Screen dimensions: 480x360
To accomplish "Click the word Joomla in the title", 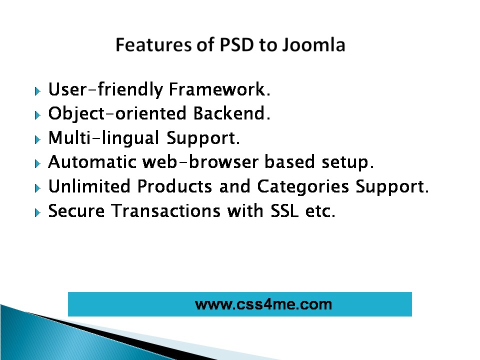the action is click(313, 45).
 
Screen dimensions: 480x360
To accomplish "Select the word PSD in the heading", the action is click(237, 44).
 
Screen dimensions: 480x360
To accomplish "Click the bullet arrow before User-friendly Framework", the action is click(37, 91).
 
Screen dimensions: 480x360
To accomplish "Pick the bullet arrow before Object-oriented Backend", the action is click(37, 115).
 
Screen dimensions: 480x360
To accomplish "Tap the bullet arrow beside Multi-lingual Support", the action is click(37, 139).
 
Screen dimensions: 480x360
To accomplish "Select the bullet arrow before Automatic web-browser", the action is click(37, 163).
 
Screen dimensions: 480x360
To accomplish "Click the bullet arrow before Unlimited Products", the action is click(37, 188).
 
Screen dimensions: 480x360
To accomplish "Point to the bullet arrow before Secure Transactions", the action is click(37, 212).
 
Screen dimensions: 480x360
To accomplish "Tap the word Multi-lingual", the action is click(104, 138).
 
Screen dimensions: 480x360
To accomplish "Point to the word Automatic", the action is click(92, 162).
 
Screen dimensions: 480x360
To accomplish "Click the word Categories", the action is click(303, 187).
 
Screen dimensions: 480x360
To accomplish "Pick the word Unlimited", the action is click(89, 186).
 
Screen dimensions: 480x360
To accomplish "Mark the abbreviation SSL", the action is click(284, 210).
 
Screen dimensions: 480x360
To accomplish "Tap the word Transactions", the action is click(165, 210).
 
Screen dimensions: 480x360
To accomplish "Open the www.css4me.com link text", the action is click(263, 304).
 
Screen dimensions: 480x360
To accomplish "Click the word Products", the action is click(174, 186).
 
